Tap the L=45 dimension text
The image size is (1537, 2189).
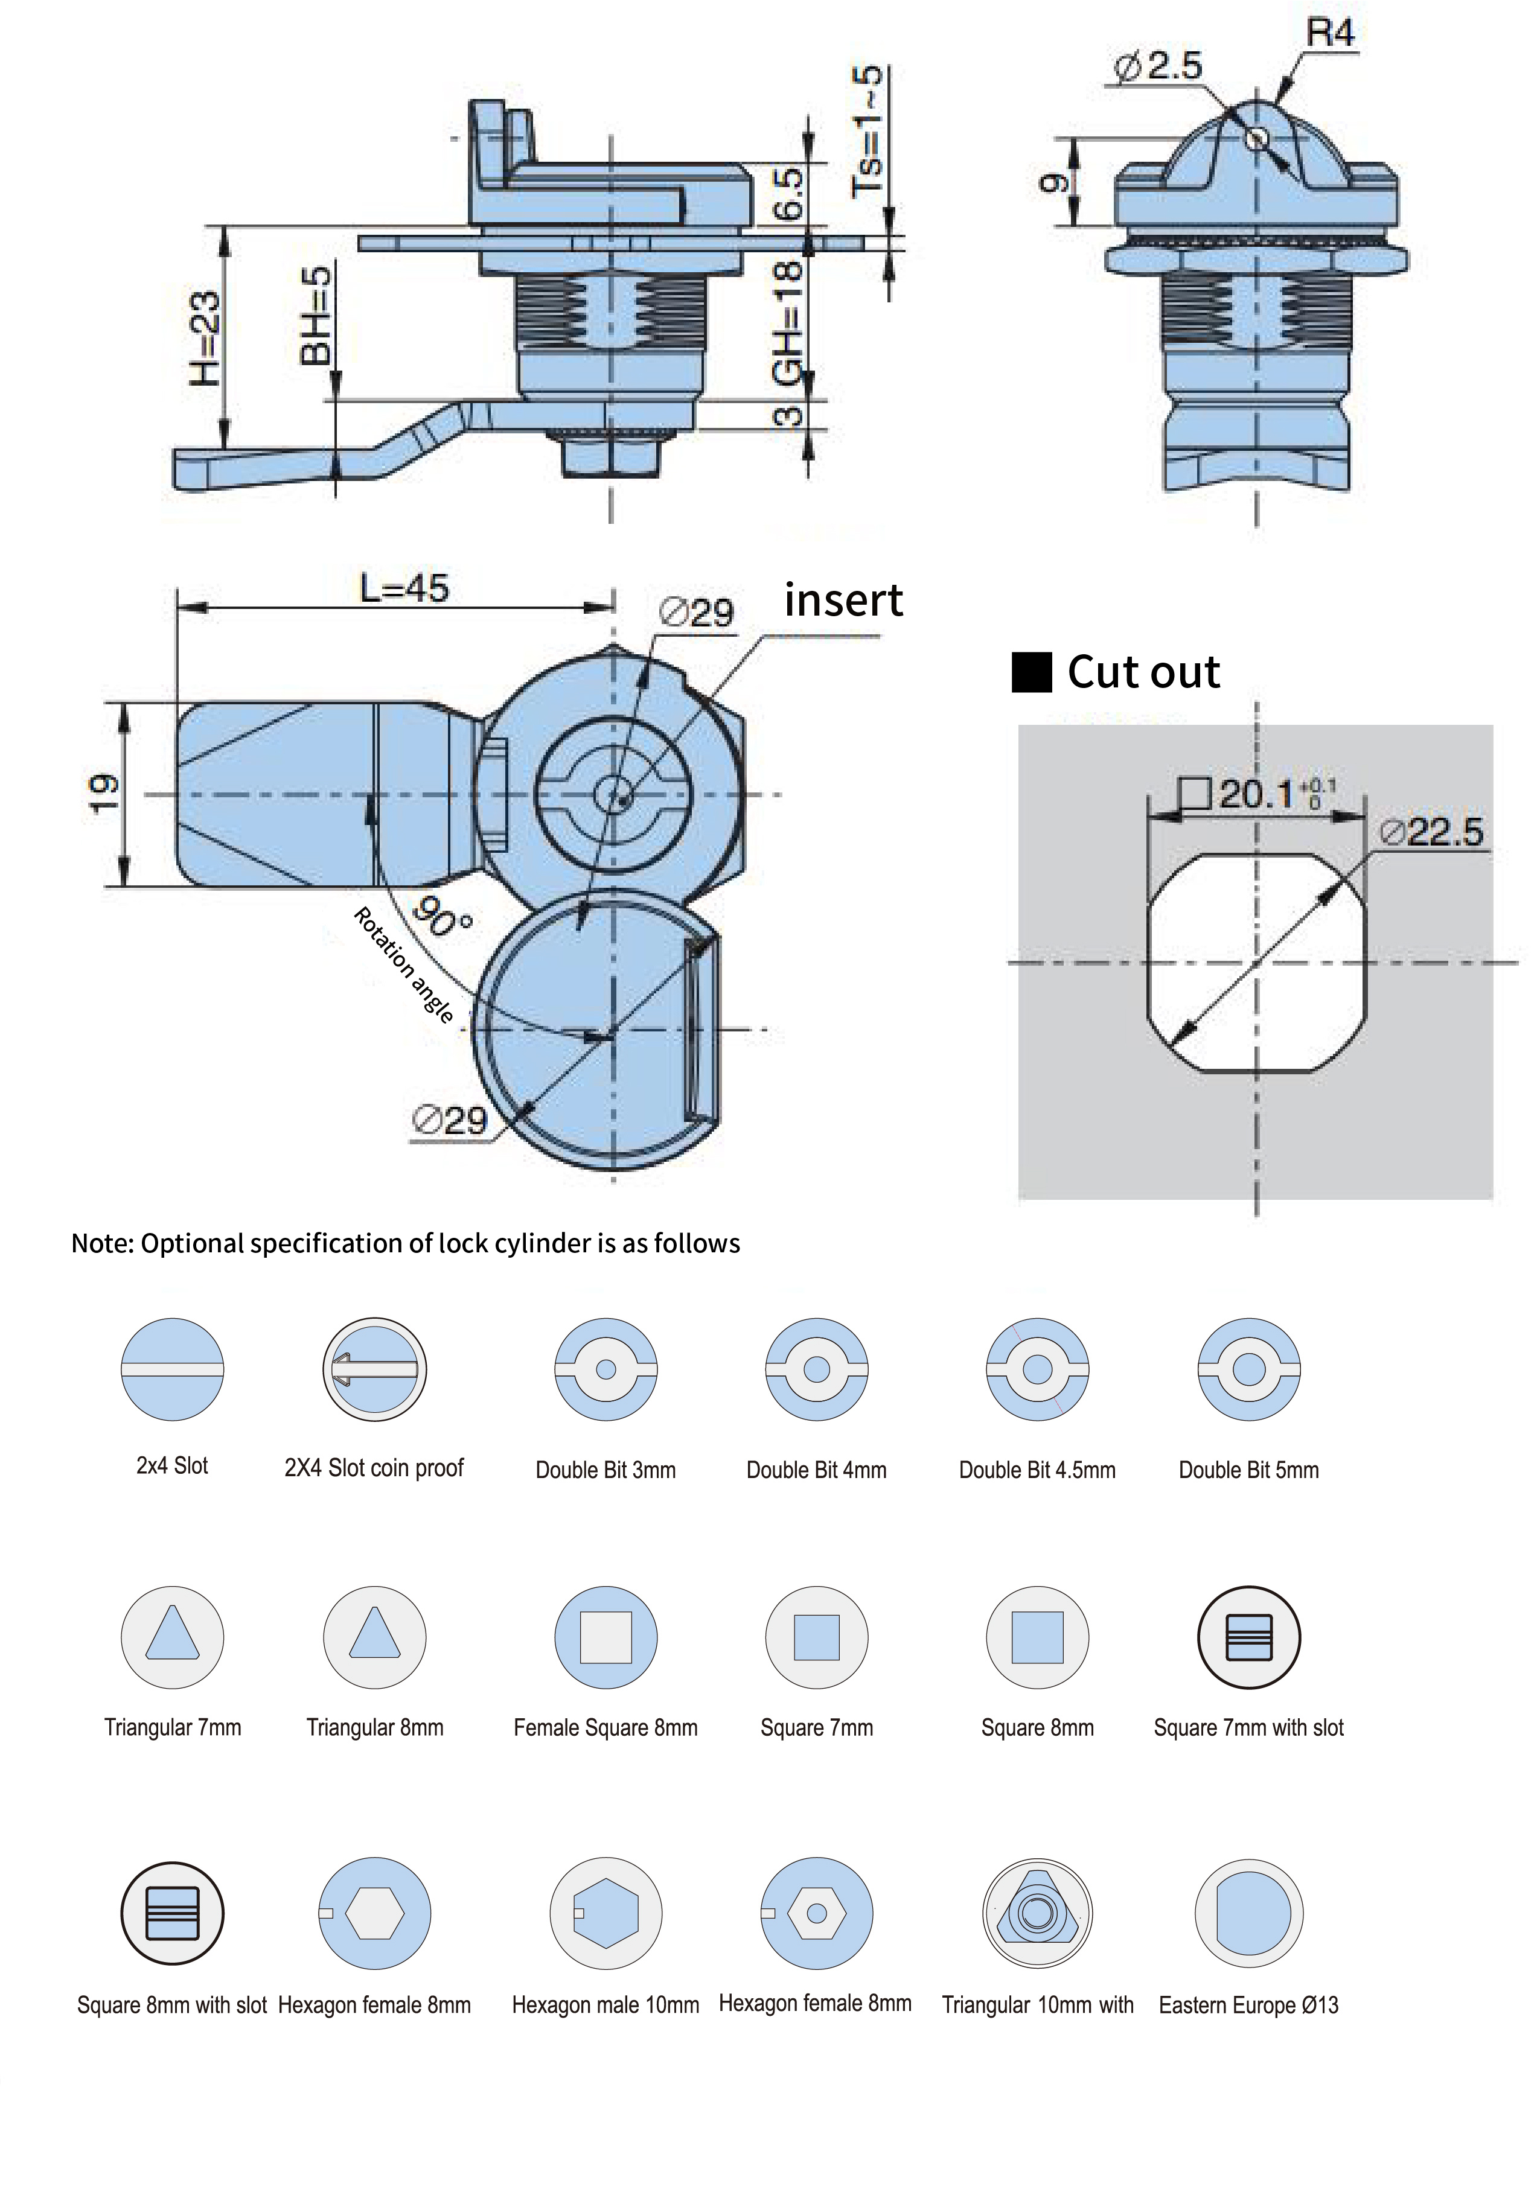(404, 588)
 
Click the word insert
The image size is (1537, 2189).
(843, 601)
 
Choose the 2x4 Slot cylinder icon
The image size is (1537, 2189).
(173, 1369)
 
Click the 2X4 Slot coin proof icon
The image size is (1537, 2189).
(375, 1369)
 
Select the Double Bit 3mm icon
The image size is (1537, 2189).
(606, 1369)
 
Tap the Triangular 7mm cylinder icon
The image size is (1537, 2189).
(173, 1637)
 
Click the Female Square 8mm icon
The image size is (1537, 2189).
(606, 1637)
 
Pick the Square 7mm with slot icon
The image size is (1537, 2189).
(1248, 1637)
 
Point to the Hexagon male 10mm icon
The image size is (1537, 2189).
(606, 1913)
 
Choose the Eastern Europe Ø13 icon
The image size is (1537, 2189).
(1248, 1913)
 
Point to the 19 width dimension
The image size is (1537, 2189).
(103, 792)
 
